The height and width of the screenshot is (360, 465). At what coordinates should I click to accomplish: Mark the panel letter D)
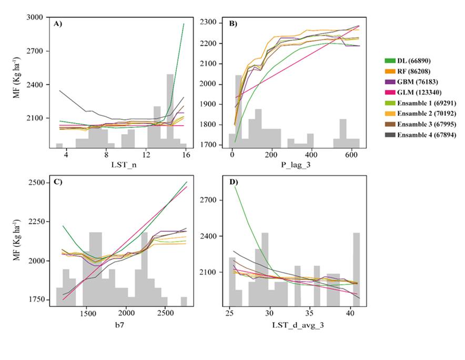[x=234, y=182]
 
